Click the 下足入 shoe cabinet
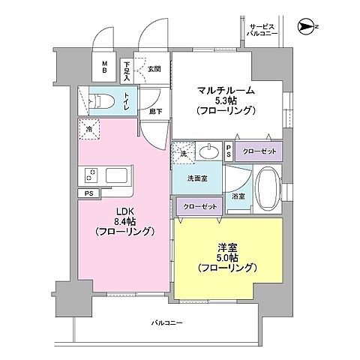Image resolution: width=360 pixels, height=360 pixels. coord(127,70)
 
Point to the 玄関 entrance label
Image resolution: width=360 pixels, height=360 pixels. coord(154,69)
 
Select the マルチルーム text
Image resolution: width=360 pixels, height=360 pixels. coord(226,91)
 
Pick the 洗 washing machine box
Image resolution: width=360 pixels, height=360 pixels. coord(182,152)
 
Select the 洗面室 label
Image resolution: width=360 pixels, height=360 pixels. coord(197,179)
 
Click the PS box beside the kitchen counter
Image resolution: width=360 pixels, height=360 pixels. coord(89,193)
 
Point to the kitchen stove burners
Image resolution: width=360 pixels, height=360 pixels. coord(91,175)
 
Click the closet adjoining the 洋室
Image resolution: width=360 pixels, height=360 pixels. coord(199,207)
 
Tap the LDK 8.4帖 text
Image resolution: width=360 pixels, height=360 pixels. coord(124,222)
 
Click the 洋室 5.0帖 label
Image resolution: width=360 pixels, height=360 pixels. coord(227,256)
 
